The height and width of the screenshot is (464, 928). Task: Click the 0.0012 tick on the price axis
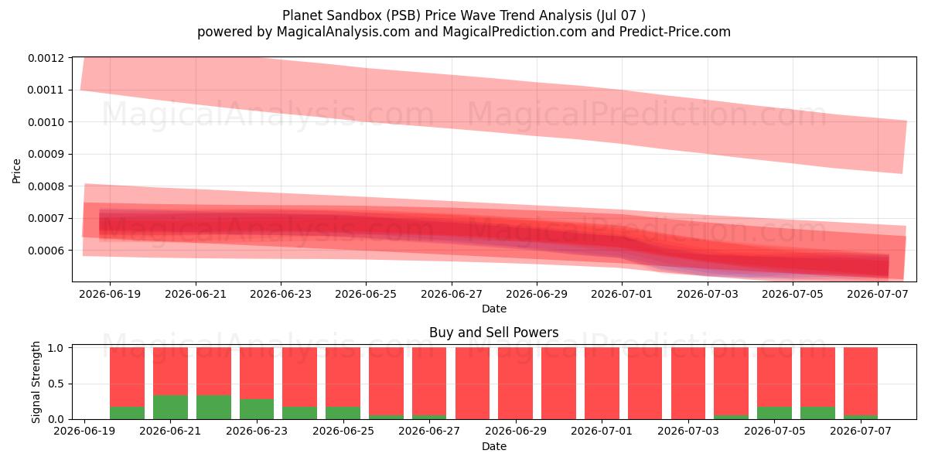pos(46,58)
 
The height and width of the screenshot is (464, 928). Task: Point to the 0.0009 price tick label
pos(46,154)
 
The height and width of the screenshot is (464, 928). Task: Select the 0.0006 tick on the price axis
pos(46,251)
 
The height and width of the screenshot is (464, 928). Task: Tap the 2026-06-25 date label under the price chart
pos(366,294)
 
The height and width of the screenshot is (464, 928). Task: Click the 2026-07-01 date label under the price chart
pos(622,294)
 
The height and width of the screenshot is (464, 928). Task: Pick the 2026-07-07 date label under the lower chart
pos(861,431)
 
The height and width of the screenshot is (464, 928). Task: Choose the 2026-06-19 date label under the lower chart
pos(84,431)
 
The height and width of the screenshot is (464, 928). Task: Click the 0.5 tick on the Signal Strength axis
pos(56,384)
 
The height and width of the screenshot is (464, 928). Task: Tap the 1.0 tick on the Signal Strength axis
pos(56,348)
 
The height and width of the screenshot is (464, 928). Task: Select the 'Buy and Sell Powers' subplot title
pos(494,333)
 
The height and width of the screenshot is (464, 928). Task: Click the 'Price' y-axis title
pos(16,171)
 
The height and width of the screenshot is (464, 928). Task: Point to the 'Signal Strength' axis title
pos(36,382)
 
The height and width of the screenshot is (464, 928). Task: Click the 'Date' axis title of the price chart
pos(494,309)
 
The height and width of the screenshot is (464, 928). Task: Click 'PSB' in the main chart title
pos(403,15)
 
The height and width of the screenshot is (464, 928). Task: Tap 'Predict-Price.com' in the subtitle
pos(675,32)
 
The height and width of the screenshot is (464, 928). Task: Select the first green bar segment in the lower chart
pos(127,413)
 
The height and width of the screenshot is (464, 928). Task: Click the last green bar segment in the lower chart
pos(861,417)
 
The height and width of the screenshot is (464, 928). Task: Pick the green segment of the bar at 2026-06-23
pos(257,409)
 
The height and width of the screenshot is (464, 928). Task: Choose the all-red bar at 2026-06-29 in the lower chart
pos(515,384)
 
